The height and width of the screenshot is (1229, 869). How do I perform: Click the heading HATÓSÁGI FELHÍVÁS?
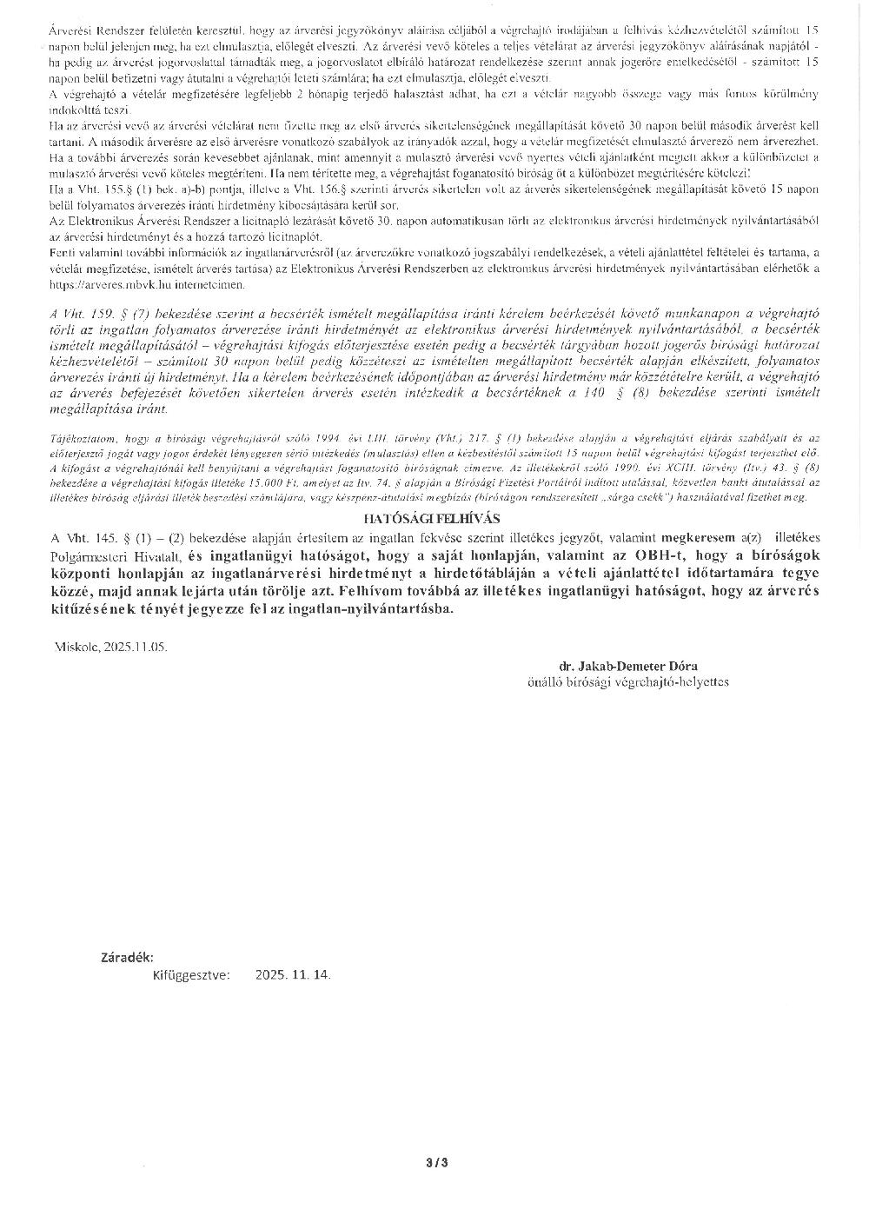pos(432,518)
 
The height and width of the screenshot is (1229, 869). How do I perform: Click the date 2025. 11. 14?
pos(293,975)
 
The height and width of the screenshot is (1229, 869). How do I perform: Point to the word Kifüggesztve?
pos(190,975)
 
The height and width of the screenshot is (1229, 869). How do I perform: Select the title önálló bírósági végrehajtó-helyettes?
pos(628,682)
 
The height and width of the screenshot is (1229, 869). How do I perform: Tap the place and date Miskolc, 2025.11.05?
pos(110,647)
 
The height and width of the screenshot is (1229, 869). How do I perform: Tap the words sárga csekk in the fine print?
pos(635,496)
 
